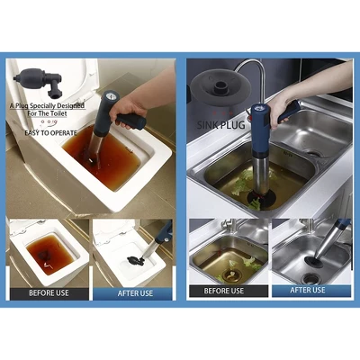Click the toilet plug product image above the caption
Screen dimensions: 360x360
(37, 81)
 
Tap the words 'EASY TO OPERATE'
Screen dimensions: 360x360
(50, 133)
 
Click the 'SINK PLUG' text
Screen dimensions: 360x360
(221, 124)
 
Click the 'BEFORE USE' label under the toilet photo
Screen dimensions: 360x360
(49, 293)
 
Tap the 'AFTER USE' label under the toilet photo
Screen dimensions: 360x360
(135, 293)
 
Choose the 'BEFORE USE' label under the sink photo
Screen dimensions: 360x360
(224, 291)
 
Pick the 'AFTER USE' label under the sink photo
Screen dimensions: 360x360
(308, 290)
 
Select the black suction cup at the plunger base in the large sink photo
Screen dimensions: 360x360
(261, 198)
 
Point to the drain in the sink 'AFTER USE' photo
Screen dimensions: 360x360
(310, 279)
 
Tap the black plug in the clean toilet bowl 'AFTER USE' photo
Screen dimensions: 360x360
(135, 261)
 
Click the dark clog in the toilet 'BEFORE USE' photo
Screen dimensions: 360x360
(46, 256)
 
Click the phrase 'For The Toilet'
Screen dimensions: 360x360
(47, 113)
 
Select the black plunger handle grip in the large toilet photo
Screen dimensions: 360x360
(131, 121)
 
